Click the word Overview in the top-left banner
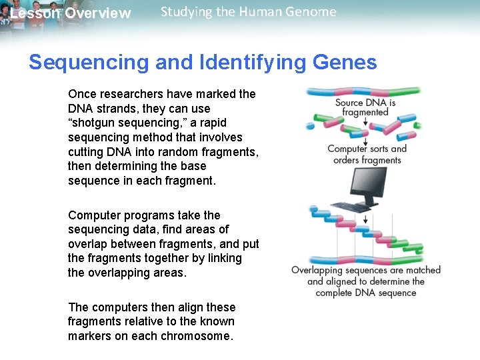click(98, 13)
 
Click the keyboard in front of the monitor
click(351, 207)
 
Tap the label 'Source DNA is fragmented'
click(365, 107)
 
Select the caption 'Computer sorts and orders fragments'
click(367, 154)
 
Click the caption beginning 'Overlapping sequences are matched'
click(366, 281)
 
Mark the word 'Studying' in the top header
click(185, 12)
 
